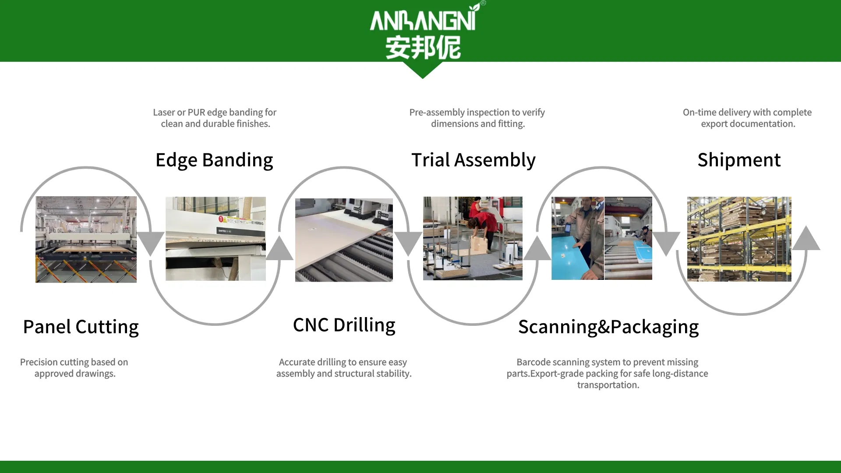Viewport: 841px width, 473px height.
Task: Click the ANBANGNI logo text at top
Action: [x=423, y=20]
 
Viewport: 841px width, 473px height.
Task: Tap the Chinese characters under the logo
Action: [x=423, y=47]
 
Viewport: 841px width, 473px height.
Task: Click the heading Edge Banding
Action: [x=214, y=160]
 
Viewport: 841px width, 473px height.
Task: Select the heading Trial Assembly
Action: [x=473, y=160]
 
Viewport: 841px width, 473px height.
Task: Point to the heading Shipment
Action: [x=739, y=160]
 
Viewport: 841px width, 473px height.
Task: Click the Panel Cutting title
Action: [x=81, y=327]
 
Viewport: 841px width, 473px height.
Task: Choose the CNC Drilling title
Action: [x=344, y=325]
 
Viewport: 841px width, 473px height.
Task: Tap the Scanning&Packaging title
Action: [x=608, y=327]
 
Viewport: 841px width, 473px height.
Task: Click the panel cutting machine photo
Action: [x=86, y=239]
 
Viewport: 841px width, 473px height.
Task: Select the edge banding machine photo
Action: [x=216, y=238]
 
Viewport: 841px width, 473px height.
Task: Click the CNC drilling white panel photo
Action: [x=344, y=240]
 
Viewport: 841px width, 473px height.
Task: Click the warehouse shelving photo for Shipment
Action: [x=739, y=239]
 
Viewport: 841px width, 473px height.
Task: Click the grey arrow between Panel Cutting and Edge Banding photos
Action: [x=150, y=243]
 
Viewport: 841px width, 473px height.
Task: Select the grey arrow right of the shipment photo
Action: [x=806, y=239]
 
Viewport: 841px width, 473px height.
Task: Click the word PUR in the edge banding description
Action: [x=196, y=113]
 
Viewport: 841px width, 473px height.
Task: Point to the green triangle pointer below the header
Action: [x=422, y=70]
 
